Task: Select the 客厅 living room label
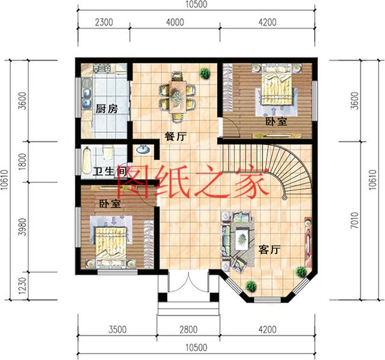270,250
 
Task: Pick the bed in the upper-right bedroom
276,90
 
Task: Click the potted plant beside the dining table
205,73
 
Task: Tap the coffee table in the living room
242,237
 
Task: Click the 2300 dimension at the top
105,23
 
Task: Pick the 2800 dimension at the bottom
187,329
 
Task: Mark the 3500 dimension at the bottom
118,329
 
